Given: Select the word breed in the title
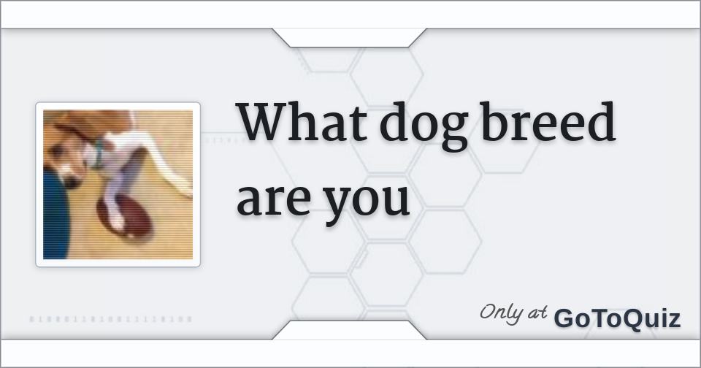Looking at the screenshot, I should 548,123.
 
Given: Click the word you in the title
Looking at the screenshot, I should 367,202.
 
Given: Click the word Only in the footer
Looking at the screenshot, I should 502,313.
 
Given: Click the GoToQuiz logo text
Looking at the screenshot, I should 617,318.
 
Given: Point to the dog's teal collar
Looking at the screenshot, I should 94,156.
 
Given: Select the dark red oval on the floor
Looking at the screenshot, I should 124,217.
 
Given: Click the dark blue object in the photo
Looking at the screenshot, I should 55,219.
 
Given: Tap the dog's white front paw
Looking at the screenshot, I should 115,218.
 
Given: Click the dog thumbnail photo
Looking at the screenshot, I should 118,184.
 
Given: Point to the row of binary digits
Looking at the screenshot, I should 111,319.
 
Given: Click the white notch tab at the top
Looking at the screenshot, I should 349,37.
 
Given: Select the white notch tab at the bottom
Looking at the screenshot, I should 349,330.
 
